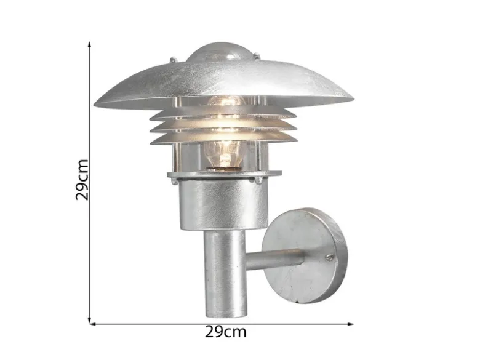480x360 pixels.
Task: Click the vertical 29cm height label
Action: coord(82,180)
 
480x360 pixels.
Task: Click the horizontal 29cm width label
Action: coord(226,332)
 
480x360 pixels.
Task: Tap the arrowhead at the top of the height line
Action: coord(89,45)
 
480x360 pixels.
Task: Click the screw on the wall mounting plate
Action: coord(330,258)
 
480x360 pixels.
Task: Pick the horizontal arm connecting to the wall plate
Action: coord(276,259)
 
